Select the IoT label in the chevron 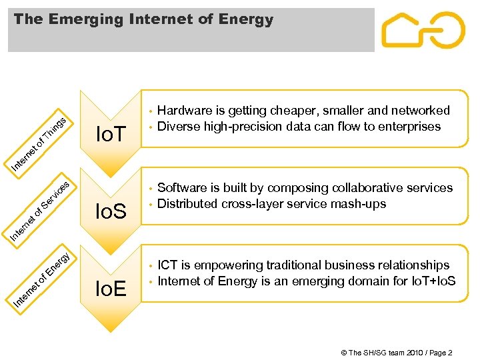(111, 136)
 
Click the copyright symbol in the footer (344, 353)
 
